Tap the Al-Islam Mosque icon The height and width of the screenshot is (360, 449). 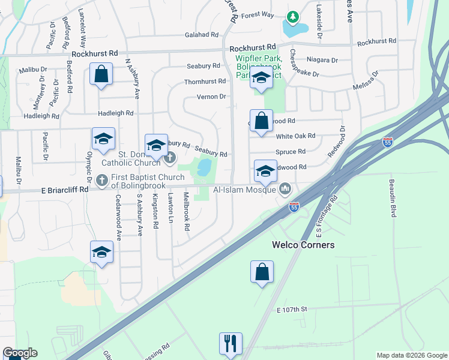click(x=285, y=190)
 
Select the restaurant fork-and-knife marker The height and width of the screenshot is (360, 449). click(x=231, y=344)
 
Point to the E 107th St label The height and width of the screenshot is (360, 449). click(x=292, y=309)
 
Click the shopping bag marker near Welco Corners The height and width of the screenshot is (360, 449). click(x=262, y=272)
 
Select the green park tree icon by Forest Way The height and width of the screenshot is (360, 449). click(x=293, y=17)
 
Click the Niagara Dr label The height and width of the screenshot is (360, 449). click(x=322, y=60)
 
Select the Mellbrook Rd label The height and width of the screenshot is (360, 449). click(x=187, y=212)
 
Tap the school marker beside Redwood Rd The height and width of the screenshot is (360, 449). click(x=265, y=172)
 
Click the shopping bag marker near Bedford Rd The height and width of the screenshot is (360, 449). click(x=101, y=75)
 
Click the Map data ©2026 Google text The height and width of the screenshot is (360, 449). click(x=411, y=355)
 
